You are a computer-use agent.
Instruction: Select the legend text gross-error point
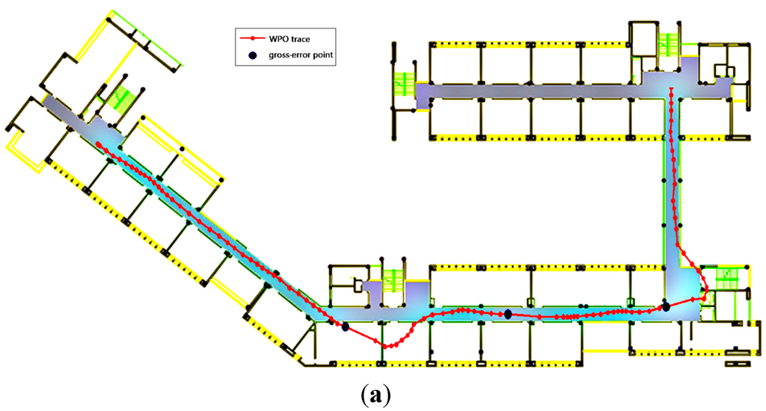(x=305, y=55)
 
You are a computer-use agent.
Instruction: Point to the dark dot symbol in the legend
(x=253, y=55)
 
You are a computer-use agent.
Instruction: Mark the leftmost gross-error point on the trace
(x=345, y=327)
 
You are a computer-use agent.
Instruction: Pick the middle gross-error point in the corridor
(x=508, y=315)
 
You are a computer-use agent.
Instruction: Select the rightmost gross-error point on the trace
(x=666, y=306)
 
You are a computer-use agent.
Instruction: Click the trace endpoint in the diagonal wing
(x=99, y=145)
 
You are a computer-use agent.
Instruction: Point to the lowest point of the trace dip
(x=387, y=346)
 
